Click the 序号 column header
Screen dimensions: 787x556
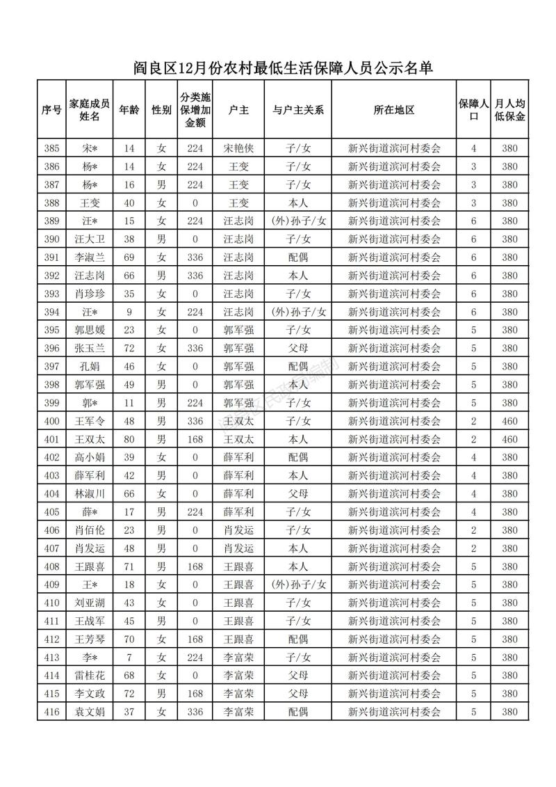pos(51,110)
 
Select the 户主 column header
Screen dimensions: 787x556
pos(238,110)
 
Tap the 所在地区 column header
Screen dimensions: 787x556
pos(393,110)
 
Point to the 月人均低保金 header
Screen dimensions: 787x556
pos(509,110)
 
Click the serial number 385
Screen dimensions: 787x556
pos(51,148)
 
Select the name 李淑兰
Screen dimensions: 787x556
pos(90,257)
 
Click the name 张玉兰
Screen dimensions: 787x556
pos(90,348)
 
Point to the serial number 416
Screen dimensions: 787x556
pos(51,711)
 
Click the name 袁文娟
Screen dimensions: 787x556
pos(90,711)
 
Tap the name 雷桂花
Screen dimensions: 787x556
pos(90,675)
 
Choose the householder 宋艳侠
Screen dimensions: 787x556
pos(238,148)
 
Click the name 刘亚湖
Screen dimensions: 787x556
pos(90,603)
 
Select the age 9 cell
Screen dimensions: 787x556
pos(129,312)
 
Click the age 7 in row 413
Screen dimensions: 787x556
pos(129,657)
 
